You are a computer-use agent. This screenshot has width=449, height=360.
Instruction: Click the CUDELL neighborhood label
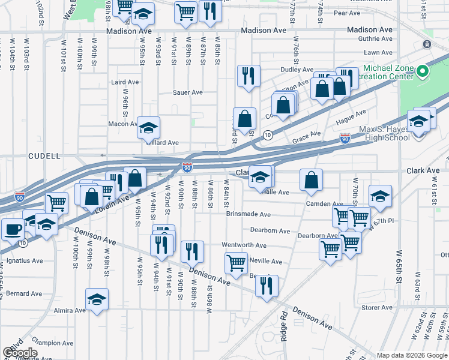pyautogui.click(x=44, y=156)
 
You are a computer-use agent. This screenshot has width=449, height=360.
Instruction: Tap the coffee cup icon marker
pyautogui.click(x=13, y=229)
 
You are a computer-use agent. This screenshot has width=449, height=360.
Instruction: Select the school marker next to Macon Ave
pyautogui.click(x=148, y=127)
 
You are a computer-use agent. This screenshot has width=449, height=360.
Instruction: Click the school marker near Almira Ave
pyautogui.click(x=97, y=300)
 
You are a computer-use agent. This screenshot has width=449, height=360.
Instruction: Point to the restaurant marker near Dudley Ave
pyautogui.click(x=248, y=76)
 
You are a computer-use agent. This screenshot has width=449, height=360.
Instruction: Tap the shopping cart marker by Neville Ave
pyautogui.click(x=236, y=263)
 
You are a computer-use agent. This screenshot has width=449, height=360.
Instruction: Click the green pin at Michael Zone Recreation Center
pyautogui.click(x=422, y=72)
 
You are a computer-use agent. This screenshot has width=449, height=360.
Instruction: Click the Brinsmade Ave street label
pyautogui.click(x=249, y=214)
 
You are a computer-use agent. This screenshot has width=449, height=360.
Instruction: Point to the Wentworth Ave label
pyautogui.click(x=244, y=245)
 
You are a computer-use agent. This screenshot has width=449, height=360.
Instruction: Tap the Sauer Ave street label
pyautogui.click(x=187, y=93)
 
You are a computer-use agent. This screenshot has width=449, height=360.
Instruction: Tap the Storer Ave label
pyautogui.click(x=377, y=308)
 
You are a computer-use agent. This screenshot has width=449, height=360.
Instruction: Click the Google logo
pyautogui.click(x=20, y=352)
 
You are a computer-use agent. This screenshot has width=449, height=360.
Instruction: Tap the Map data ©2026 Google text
pyautogui.click(x=411, y=355)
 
